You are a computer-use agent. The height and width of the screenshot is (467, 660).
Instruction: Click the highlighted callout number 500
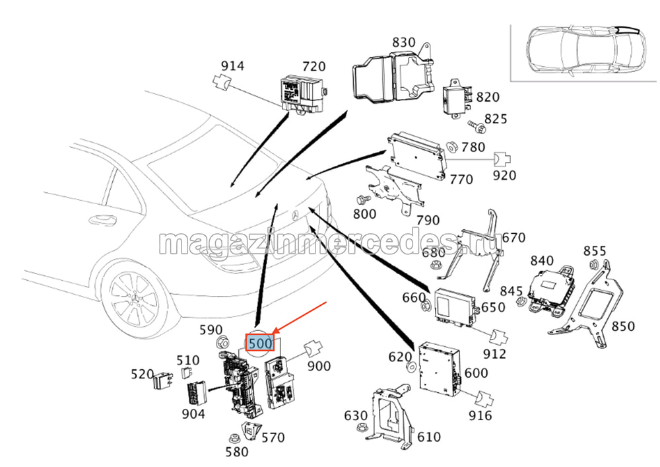tap(260, 343)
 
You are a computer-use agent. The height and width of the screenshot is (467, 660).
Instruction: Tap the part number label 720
tap(313, 66)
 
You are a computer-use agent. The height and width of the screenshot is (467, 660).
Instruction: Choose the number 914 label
tap(232, 66)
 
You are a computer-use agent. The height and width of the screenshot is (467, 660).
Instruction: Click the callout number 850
tap(622, 326)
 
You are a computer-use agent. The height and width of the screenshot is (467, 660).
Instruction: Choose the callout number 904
tap(194, 414)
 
